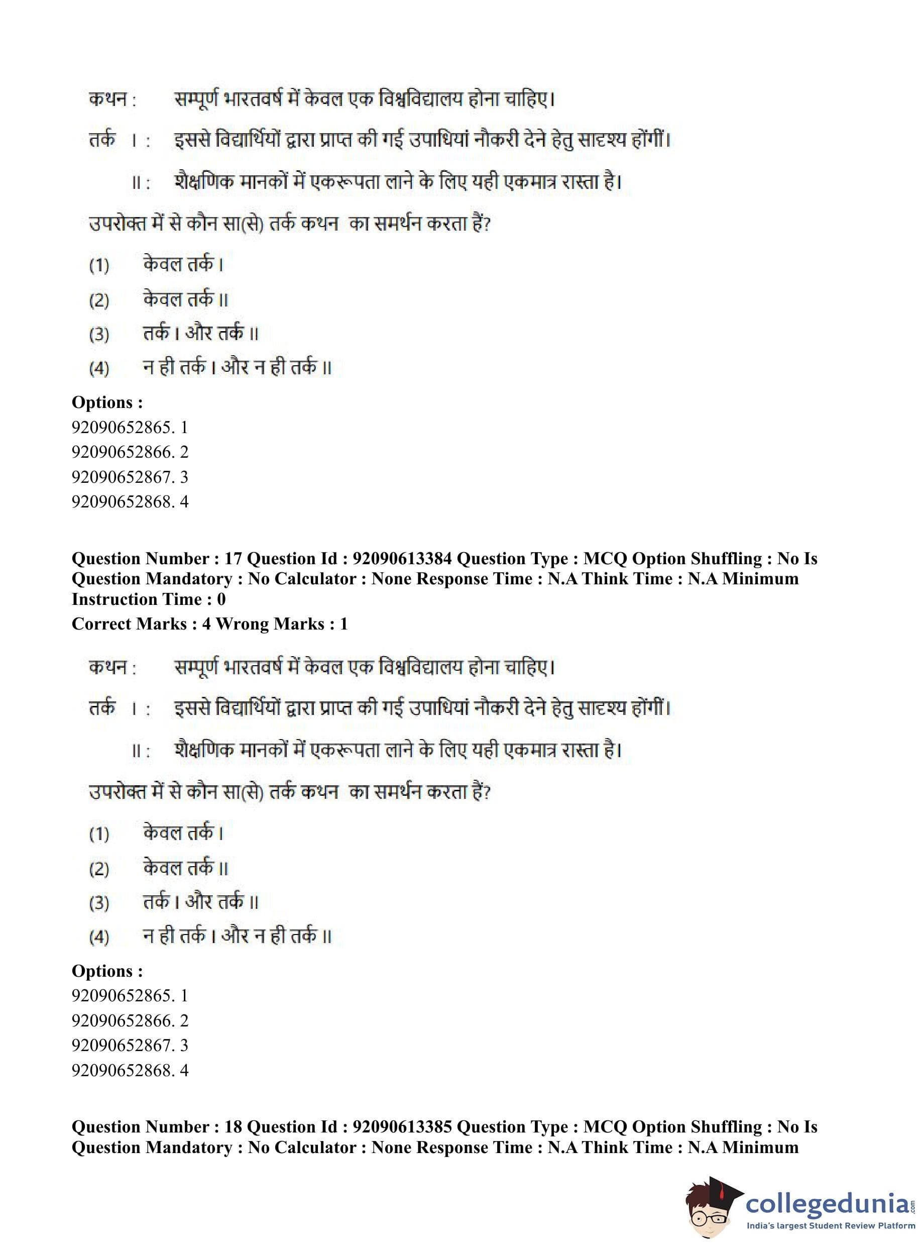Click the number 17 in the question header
tap(234, 559)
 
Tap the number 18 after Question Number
tap(234, 1127)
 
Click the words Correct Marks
tap(129, 624)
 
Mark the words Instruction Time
tap(139, 599)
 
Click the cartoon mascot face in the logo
tap(712, 1209)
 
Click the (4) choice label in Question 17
tap(99, 937)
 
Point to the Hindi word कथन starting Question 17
tap(107, 667)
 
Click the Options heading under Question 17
tap(107, 971)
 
